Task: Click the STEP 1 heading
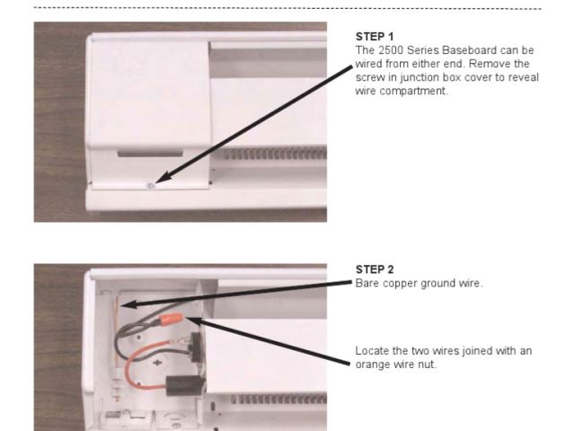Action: point(375,37)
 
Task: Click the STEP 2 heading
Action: point(375,269)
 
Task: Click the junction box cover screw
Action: point(151,186)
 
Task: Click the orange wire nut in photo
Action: point(170,318)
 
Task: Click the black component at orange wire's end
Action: point(184,385)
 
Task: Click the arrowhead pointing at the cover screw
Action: point(163,177)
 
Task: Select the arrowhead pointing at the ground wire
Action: point(128,303)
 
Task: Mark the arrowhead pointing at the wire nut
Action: point(194,321)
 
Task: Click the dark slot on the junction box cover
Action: point(150,154)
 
